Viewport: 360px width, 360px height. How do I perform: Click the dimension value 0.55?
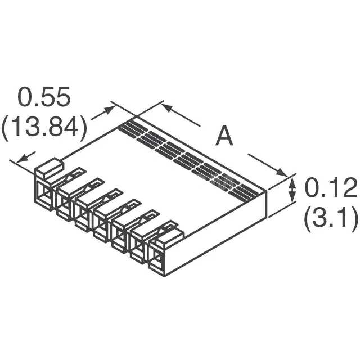(45, 97)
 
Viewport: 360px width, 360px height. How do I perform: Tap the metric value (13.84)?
(44, 129)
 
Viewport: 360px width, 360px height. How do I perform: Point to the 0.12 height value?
(330, 188)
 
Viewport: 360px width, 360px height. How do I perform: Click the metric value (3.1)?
(330, 219)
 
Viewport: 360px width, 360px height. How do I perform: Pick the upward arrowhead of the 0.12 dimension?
(292, 179)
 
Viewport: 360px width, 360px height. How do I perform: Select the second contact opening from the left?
(63, 204)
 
